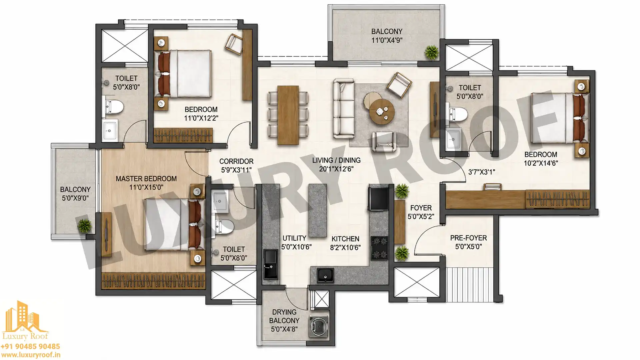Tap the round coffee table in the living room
[382, 111]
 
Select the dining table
[288, 115]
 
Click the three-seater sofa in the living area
[344, 109]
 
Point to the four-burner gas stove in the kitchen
[380, 248]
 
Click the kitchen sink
[325, 275]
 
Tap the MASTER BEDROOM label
[146, 179]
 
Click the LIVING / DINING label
[336, 160]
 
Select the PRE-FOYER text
[468, 238]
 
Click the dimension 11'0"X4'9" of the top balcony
[387, 40]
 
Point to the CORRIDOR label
[236, 161]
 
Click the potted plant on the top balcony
[432, 52]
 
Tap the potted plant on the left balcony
[85, 226]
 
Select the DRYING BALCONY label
[284, 316]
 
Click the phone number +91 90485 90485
[30, 347]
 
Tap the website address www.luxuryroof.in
[30, 355]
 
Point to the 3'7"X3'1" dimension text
[481, 172]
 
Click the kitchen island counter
[318, 210]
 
